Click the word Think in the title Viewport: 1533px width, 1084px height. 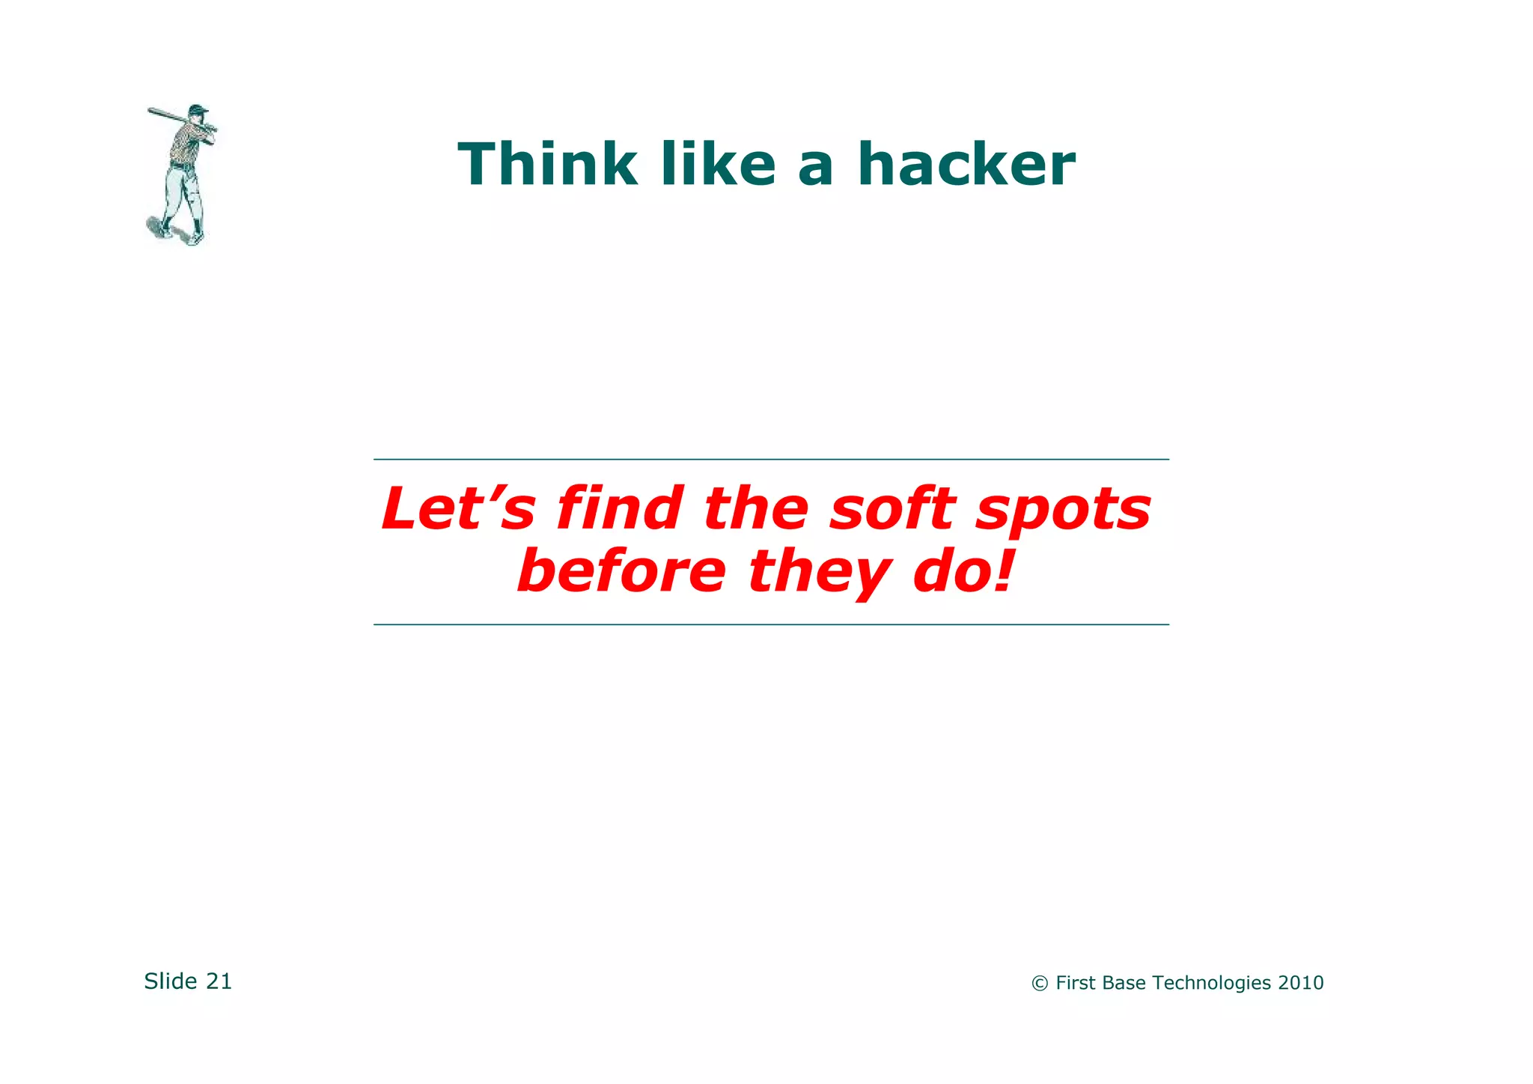point(547,165)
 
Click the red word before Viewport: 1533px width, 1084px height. point(621,572)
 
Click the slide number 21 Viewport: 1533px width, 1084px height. point(219,981)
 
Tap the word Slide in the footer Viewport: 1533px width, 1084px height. point(171,981)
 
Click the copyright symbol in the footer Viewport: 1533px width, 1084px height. point(1039,984)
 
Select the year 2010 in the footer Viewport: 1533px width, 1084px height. point(1301,983)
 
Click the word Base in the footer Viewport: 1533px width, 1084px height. point(1124,983)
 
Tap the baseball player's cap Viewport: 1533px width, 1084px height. point(198,109)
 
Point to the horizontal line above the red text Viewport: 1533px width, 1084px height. point(771,459)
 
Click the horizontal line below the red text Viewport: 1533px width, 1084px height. point(771,624)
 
